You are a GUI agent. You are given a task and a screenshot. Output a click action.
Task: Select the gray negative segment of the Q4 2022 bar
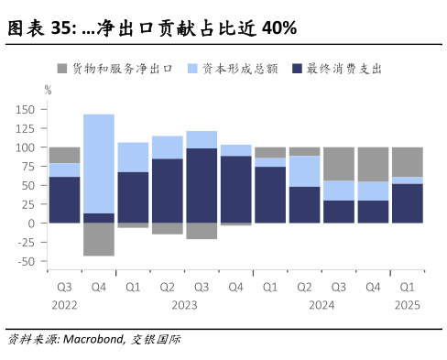(x=98, y=239)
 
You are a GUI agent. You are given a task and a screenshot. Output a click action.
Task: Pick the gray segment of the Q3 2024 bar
(x=338, y=163)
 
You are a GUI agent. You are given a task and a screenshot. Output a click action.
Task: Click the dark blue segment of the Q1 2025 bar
(x=407, y=203)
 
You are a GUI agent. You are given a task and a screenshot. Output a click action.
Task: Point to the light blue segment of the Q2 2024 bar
(x=304, y=170)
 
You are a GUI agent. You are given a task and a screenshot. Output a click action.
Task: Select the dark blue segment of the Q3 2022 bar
(x=64, y=200)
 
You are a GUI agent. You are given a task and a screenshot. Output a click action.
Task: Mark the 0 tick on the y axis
(x=32, y=224)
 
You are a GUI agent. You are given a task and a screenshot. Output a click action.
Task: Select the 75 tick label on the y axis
(x=28, y=167)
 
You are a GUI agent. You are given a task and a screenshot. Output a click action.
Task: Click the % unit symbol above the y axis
(x=48, y=90)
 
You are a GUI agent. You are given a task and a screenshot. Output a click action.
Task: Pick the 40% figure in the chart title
(x=278, y=28)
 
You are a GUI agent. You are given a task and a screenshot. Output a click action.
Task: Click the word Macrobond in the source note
(x=95, y=340)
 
